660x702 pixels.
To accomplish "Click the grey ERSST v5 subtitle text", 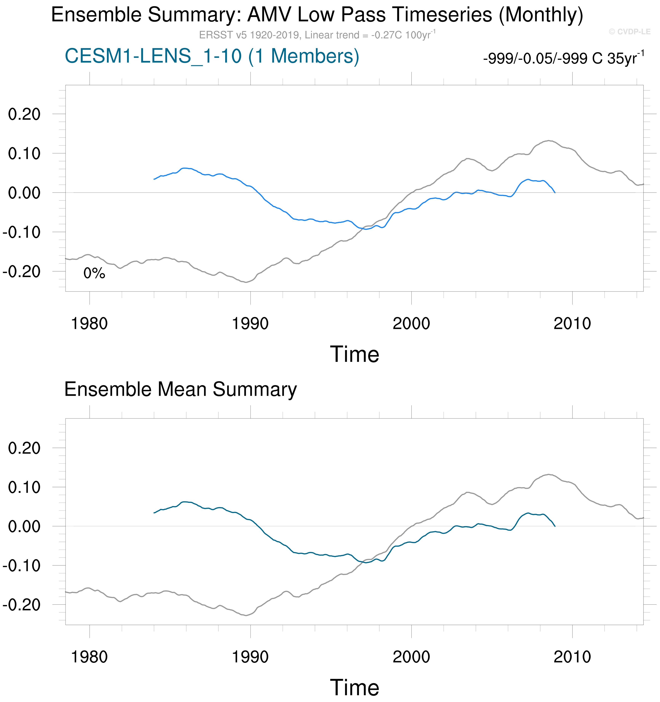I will pos(317,35).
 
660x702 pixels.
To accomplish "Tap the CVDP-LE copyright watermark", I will pos(629,32).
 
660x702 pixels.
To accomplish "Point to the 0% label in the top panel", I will pos(94,273).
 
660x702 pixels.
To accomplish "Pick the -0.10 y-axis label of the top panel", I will pos(21,232).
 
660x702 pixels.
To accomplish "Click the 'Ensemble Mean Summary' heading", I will pos(181,389).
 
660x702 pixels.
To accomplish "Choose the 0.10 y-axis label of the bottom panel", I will pos(24,488).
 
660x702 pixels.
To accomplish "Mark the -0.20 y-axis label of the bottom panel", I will pos(21,605).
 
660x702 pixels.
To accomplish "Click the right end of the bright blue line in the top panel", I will pos(555,193).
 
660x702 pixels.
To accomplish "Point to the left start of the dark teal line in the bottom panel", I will pos(154,513).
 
